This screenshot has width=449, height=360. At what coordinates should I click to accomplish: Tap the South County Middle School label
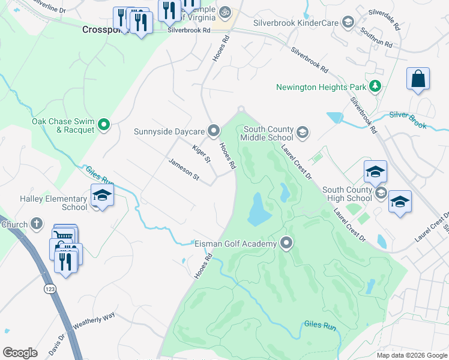tap(267, 133)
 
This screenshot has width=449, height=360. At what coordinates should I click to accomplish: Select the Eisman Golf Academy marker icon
tap(286, 243)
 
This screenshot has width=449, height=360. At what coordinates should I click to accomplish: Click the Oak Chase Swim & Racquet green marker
tap(104, 125)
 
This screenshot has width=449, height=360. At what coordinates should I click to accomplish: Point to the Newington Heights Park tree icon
tap(375, 86)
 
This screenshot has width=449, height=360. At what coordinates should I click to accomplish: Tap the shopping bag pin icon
tap(418, 79)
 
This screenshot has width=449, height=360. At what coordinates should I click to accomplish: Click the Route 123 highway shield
tap(46, 289)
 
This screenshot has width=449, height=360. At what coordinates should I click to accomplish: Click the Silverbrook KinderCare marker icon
tap(347, 23)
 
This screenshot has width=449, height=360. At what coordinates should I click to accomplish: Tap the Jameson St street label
tap(183, 169)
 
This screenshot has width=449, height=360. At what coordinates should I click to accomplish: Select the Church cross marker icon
tap(36, 224)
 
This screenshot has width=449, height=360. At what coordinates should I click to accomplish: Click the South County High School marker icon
tap(381, 193)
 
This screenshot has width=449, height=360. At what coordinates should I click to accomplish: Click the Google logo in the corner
tap(20, 353)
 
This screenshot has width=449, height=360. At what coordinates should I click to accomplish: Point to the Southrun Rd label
tap(376, 37)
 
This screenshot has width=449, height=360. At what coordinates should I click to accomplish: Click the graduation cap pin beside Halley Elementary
tap(102, 194)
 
